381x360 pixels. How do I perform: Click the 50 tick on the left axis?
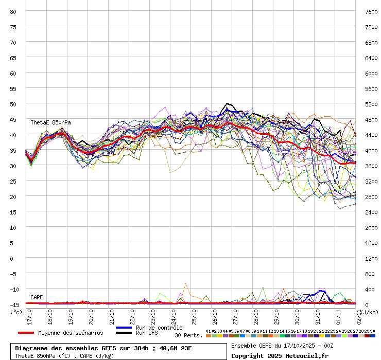(13, 104)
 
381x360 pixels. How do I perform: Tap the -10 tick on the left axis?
(13, 289)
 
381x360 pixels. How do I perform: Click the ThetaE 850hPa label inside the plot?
(50, 122)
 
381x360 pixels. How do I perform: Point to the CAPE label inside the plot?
(37, 297)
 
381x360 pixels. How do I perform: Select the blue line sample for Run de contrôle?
(124, 328)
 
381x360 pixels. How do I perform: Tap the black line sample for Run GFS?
(124, 333)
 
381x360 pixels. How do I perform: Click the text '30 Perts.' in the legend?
(188, 335)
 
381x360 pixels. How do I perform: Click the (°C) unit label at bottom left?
(16, 312)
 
